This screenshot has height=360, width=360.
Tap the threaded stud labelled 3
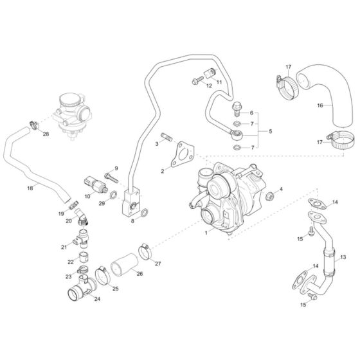click(x=166, y=138)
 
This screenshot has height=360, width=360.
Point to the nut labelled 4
click(x=272, y=194)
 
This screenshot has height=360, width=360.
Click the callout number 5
click(x=270, y=131)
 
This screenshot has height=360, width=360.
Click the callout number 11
click(x=218, y=82)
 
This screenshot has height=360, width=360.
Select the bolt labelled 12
click(x=195, y=79)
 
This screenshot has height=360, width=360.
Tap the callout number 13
click(x=343, y=256)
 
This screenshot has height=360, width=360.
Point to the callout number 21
click(x=64, y=247)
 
